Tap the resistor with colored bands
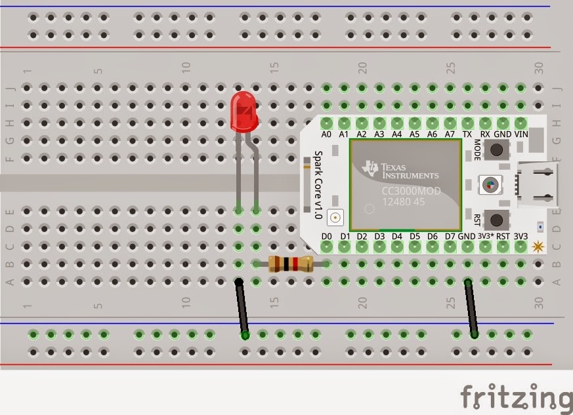pos(290,264)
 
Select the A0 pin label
pos(327,134)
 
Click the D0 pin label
pos(327,236)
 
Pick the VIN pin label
pos(521,134)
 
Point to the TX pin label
pos(467,134)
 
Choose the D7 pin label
pos(450,236)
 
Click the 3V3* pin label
pos(485,236)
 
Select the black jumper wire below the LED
pos(242,308)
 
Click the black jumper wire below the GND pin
pos(471,308)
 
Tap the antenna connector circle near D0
pos(336,217)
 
